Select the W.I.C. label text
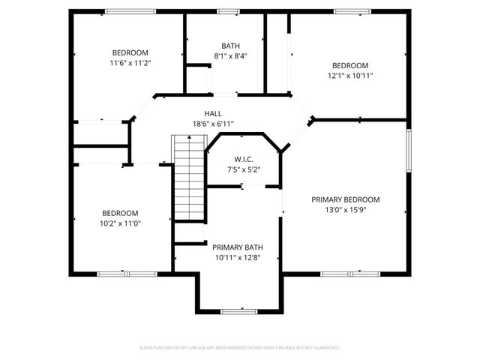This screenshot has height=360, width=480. tap(243, 159)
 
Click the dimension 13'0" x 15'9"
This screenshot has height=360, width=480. tap(346, 210)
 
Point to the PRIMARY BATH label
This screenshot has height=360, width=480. tap(237, 247)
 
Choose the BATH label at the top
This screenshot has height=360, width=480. tap(230, 46)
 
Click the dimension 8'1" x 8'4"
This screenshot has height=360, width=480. tap(230, 55)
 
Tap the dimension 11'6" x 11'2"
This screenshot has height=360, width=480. tap(130, 63)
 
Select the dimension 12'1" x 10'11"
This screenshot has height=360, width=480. tap(350, 75)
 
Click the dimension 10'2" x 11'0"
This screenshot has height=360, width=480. tap(120, 223)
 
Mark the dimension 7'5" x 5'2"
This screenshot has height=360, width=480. tap(243, 169)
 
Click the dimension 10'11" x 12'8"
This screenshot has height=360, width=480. tap(237, 258)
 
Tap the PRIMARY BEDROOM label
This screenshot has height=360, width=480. tap(346, 199)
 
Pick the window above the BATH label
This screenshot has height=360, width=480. tap(228, 11)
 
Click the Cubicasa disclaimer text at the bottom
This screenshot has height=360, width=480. tap(240, 348)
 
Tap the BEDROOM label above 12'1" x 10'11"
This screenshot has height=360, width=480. tap(350, 65)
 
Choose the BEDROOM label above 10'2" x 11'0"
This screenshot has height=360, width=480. tap(120, 213)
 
